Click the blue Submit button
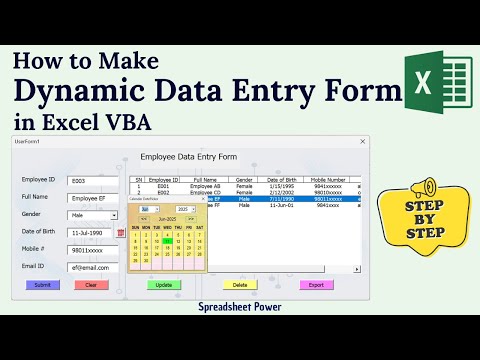pyautogui.click(x=42, y=285)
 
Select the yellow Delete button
pyautogui.click(x=240, y=285)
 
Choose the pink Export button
pyautogui.click(x=317, y=285)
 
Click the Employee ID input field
pyautogui.click(x=92, y=180)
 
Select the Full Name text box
pyautogui.click(x=92, y=197)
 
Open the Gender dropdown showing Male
pyautogui.click(x=92, y=214)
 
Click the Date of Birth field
pyautogui.click(x=90, y=232)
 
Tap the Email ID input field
pyautogui.click(x=92, y=267)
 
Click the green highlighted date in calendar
pyautogui.click(x=169, y=240)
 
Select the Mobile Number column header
pyautogui.click(x=331, y=180)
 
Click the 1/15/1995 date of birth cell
pyautogui.click(x=280, y=187)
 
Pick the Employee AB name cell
pyautogui.click(x=204, y=187)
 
